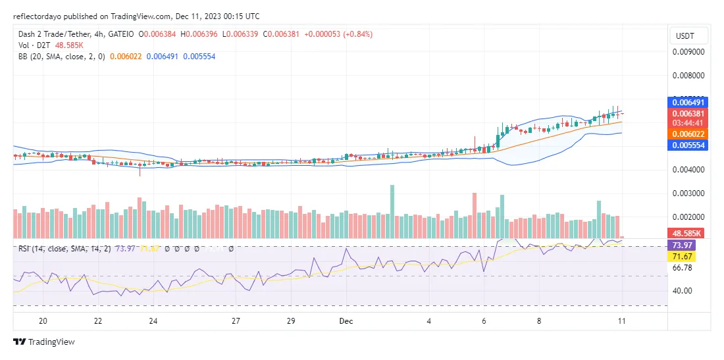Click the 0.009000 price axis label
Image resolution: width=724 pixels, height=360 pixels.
click(x=688, y=51)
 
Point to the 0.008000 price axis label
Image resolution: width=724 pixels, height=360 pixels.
click(x=688, y=76)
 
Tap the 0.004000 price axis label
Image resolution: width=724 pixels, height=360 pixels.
click(x=688, y=170)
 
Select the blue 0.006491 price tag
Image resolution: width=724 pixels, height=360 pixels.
click(x=688, y=103)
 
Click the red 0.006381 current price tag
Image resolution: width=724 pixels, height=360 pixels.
click(x=688, y=113)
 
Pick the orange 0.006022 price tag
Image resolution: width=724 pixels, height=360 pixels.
click(x=688, y=134)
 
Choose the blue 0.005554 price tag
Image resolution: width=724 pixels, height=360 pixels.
click(x=688, y=145)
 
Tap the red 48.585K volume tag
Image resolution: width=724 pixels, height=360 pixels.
click(x=688, y=233)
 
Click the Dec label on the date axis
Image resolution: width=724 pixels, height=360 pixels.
click(x=346, y=321)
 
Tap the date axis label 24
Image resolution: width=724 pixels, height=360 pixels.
click(x=153, y=321)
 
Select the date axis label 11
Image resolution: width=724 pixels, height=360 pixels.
click(x=621, y=321)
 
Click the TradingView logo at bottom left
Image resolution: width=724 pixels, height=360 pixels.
click(x=44, y=342)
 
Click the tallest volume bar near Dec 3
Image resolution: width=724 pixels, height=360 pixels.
click(x=392, y=211)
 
